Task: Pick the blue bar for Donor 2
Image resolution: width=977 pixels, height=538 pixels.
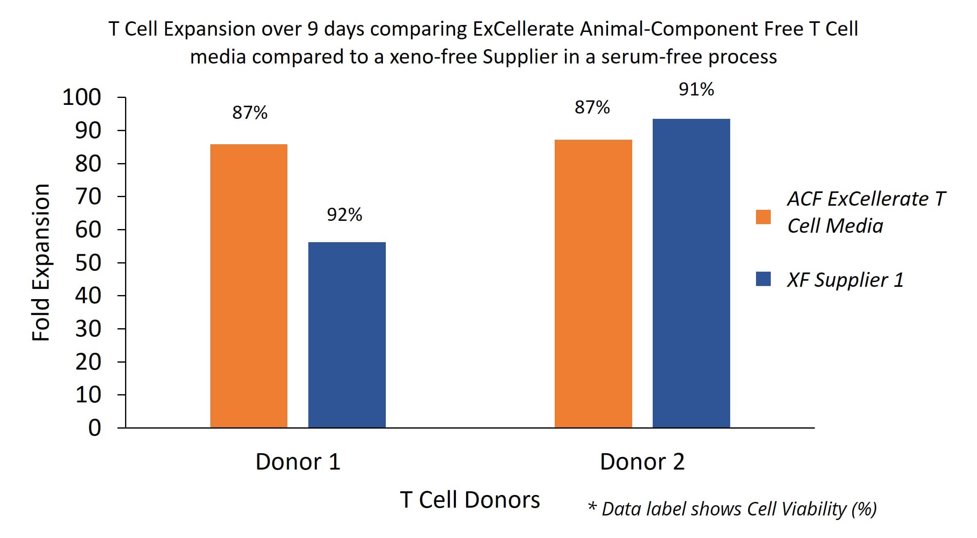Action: coord(691,273)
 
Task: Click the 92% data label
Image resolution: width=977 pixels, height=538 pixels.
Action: coord(344,215)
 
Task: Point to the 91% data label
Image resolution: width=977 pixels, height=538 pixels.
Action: coord(696,89)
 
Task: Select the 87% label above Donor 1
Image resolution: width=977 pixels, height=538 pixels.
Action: coord(250,113)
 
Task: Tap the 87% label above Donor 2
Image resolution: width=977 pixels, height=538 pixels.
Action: coord(592,107)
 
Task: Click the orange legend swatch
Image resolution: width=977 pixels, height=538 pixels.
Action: coord(763,217)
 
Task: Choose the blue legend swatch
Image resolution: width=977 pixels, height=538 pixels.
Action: coord(763,279)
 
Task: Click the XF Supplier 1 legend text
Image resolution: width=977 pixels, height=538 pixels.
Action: coord(845,280)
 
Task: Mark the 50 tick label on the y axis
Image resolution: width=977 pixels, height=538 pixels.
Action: coord(88,263)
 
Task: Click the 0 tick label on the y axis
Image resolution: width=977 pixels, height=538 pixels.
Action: coord(94,428)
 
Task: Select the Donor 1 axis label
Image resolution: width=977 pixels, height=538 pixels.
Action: coord(298,462)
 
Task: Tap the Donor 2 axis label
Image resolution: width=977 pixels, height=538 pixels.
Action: coord(642,462)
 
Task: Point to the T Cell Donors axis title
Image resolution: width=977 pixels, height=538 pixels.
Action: coord(470,500)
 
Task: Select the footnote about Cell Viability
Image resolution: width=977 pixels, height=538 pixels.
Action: coord(732,509)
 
